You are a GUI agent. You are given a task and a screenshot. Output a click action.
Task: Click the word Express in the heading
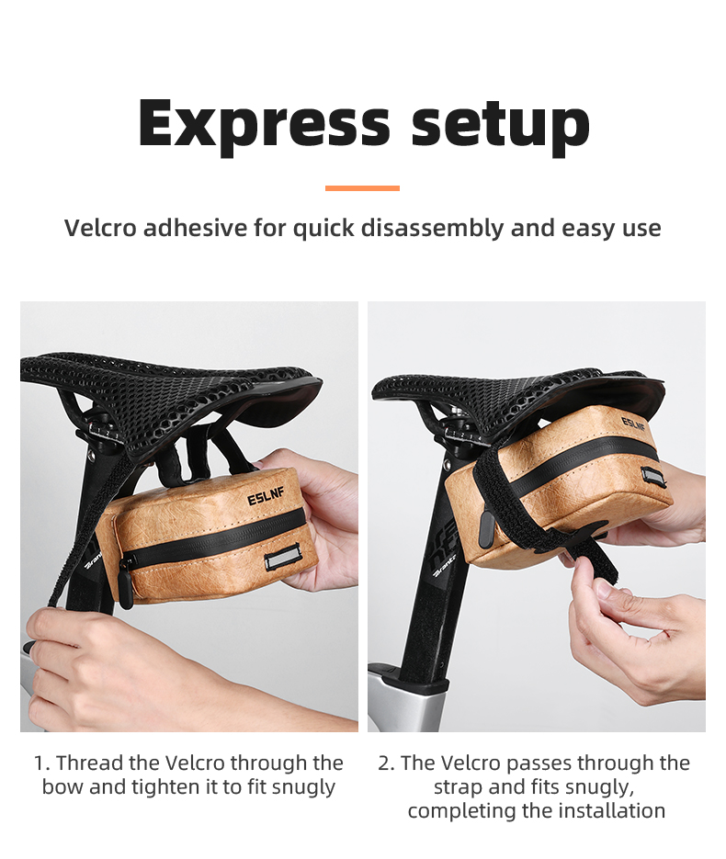(265, 123)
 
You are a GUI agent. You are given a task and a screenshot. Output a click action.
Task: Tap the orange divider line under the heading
(362, 188)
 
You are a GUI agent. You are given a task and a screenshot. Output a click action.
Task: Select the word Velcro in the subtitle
(99, 228)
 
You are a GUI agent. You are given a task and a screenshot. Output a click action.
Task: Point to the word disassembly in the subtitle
(431, 228)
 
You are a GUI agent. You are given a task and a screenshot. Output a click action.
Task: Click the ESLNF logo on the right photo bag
(633, 424)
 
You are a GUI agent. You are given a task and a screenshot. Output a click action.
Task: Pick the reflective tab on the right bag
(653, 476)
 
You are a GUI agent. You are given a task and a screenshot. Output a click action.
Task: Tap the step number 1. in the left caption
(41, 763)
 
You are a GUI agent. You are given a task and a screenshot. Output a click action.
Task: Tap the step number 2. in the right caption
(387, 763)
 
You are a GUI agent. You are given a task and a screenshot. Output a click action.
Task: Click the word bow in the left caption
(61, 787)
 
